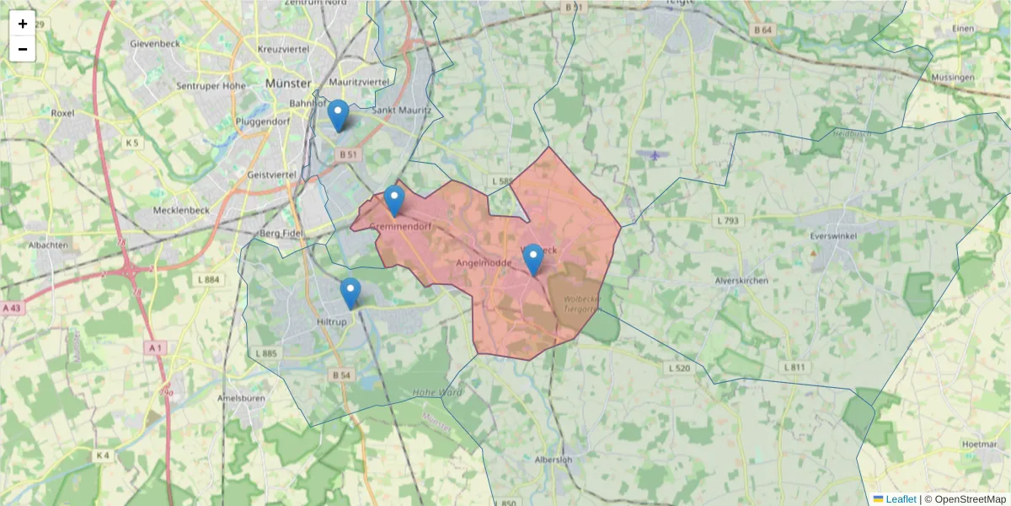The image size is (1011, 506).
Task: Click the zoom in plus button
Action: [23, 24]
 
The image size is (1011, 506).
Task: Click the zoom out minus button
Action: [23, 49]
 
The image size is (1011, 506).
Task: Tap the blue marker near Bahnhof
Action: [338, 116]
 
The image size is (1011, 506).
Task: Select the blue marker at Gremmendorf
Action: [393, 201]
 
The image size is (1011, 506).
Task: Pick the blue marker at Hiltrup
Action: [350, 293]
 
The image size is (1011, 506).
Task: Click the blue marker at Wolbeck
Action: [532, 260]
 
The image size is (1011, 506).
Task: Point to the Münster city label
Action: [288, 83]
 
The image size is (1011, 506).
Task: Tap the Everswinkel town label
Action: [832, 236]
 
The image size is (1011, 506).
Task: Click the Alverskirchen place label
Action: [741, 281]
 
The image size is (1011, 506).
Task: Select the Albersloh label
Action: [554, 460]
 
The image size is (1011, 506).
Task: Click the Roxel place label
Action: [62, 112]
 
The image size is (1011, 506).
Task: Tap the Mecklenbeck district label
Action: [180, 210]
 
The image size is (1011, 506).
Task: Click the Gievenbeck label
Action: [156, 43]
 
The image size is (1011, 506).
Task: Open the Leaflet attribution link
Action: [900, 499]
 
